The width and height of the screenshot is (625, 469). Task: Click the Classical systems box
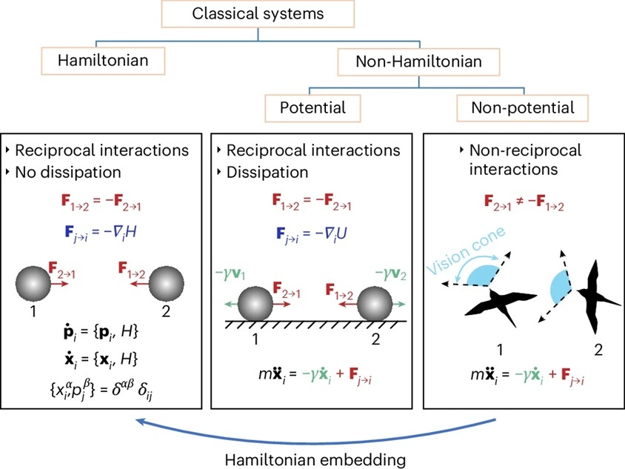[258, 13]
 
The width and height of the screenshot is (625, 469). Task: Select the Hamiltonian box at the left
[103, 61]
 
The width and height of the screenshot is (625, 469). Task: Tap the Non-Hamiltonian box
[418, 61]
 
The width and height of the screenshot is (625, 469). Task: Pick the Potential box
[313, 107]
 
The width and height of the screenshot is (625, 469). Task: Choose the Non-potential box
[522, 107]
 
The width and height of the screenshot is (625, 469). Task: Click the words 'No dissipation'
[68, 173]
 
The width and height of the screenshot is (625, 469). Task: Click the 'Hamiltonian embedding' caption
[315, 459]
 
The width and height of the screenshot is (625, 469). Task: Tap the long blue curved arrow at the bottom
[315, 442]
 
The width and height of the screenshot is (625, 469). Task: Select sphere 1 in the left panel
[33, 284]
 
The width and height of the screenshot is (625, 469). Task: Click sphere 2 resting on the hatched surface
[374, 304]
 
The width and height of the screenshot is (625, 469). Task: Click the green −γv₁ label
[230, 274]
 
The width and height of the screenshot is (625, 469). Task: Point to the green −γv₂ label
[391, 274]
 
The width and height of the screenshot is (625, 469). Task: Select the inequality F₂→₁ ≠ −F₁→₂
[524, 202]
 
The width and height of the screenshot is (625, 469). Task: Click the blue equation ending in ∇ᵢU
[311, 233]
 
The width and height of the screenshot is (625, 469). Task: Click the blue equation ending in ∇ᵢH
[101, 232]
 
